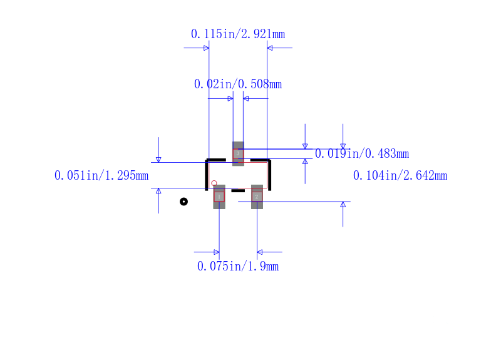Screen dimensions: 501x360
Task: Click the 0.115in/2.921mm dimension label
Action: point(238,34)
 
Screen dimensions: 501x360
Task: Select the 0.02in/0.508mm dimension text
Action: point(238,84)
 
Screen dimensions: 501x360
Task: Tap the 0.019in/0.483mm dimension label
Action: point(362,153)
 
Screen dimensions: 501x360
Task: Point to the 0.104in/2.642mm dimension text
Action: point(400,175)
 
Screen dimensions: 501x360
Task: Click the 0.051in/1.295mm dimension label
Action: point(101,175)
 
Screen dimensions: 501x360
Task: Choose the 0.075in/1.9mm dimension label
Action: point(238,266)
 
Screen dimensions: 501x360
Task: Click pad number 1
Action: point(219,197)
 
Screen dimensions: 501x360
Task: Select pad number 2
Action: point(257,197)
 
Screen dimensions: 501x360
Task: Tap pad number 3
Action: point(238,153)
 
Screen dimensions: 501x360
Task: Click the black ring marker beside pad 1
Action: point(183,202)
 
